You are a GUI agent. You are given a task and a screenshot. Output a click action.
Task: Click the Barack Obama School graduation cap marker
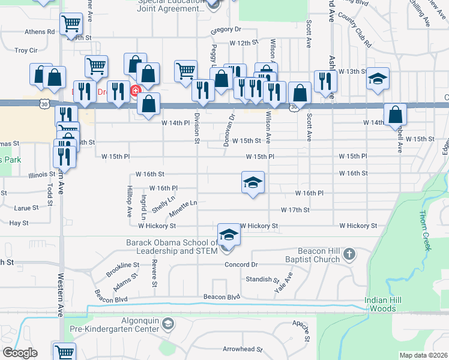tap(229, 235)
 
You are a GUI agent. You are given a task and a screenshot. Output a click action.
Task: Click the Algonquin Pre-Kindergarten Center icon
tap(169, 325)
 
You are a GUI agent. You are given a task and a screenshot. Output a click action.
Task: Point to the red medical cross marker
tap(135, 91)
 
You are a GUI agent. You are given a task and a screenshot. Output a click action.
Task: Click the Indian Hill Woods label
tap(381, 304)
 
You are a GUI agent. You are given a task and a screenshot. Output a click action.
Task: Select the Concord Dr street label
tap(241, 265)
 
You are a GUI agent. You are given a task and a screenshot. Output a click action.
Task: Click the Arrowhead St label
tap(243, 349)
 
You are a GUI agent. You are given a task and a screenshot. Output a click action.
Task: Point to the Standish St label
tap(262, 280)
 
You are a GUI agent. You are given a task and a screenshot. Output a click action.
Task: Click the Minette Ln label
tap(183, 208)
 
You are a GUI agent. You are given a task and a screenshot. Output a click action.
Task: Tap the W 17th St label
tap(295, 210)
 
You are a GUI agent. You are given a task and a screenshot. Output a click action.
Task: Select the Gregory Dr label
tap(226, 29)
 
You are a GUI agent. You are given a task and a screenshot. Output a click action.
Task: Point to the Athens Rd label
tap(40, 31)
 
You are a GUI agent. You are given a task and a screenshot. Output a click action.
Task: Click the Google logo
tap(19, 353)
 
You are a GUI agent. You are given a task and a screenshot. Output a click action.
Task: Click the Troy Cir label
tap(26, 50)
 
